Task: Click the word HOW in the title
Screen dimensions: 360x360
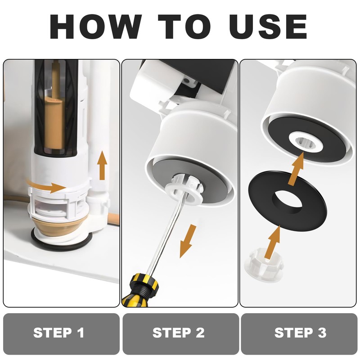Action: [x=95, y=27]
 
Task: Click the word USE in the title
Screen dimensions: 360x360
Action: [x=268, y=27]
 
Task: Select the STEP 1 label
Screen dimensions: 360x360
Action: [x=59, y=333]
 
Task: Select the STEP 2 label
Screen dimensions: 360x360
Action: [x=178, y=333]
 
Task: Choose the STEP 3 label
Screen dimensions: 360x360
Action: [x=300, y=333]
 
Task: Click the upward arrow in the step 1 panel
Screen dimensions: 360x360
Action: [x=102, y=165]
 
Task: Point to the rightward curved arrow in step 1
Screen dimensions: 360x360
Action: [x=46, y=186]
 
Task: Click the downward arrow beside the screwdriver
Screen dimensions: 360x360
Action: [x=188, y=241]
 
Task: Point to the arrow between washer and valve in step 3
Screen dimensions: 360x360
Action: [x=296, y=169]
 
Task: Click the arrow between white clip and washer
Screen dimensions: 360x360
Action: [x=273, y=242]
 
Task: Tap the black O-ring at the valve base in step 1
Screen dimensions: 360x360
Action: [x=62, y=244]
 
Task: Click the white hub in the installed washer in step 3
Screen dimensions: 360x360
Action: [x=305, y=142]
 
